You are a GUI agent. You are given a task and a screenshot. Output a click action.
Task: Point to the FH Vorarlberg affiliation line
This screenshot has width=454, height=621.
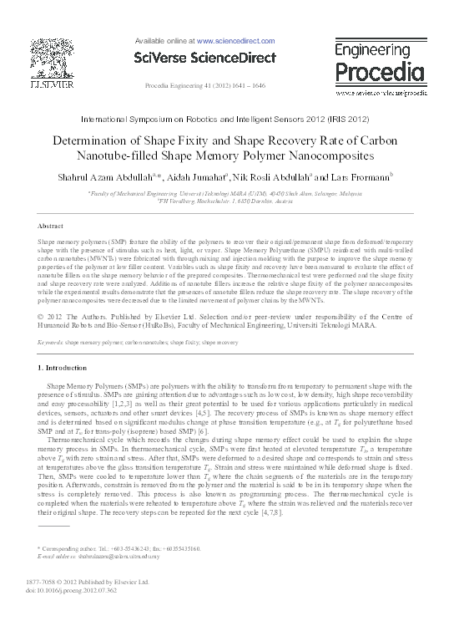228,201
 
